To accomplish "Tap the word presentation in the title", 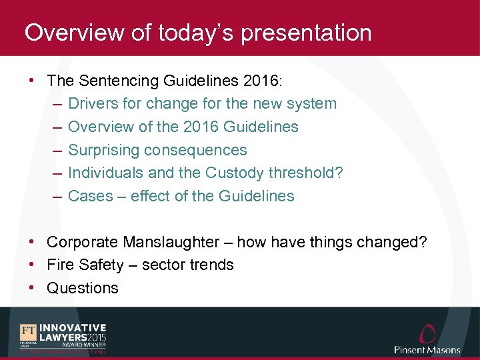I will (x=306, y=33).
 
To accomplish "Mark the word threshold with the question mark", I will (x=307, y=173).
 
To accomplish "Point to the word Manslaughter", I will (x=179, y=242).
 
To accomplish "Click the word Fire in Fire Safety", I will (x=60, y=265).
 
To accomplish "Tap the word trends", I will (x=211, y=265).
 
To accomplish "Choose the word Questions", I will (x=83, y=288).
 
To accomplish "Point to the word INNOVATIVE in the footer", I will (x=73, y=328).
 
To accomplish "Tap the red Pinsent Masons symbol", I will (x=427, y=333).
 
